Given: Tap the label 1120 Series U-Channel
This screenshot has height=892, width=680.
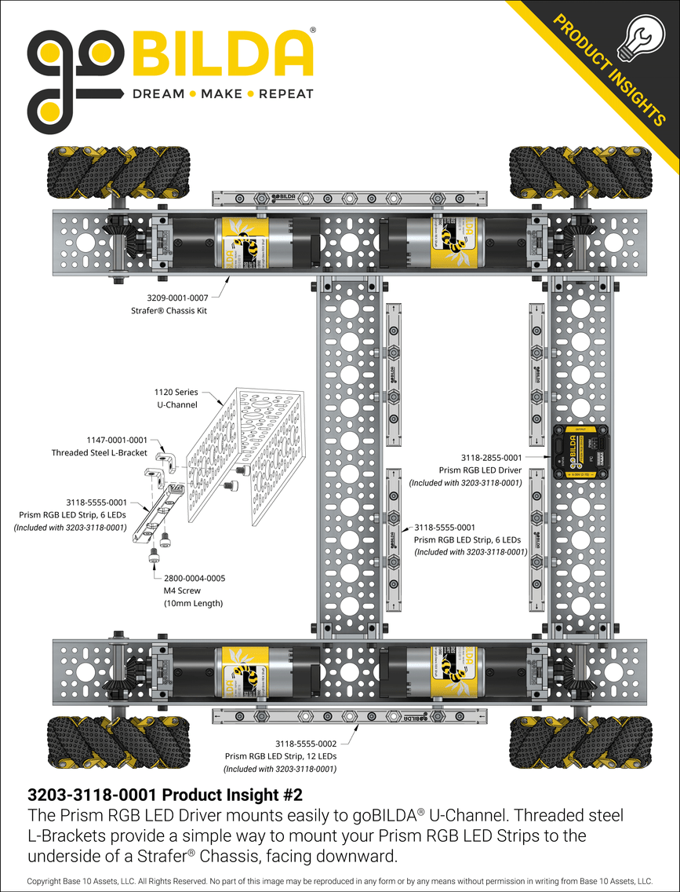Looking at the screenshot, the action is tap(176, 397).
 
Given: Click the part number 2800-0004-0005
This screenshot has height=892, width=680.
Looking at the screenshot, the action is tap(195, 578).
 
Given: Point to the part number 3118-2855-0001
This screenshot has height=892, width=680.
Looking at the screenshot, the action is tap(491, 457).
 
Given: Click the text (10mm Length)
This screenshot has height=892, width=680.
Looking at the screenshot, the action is tap(194, 603).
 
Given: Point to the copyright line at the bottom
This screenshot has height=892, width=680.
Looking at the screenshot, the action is tap(340, 882).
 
